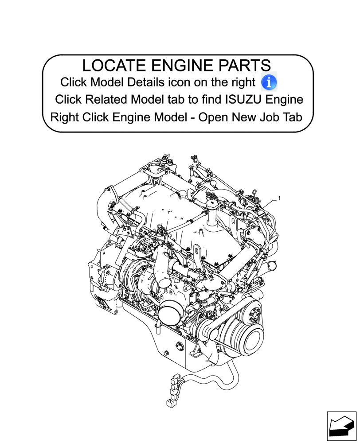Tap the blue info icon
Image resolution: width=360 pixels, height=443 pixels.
(x=269, y=82)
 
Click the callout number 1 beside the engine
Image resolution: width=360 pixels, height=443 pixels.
(x=280, y=198)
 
